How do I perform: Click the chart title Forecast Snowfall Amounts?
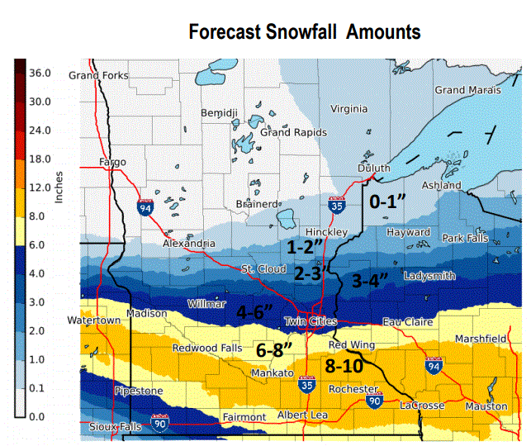point(305,32)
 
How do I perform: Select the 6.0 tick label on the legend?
point(38,245)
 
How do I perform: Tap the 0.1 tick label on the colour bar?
point(38,388)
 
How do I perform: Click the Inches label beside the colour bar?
point(59,187)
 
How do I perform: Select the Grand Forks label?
point(98,75)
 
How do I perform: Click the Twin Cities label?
point(309,321)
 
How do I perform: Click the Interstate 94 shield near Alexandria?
point(146,206)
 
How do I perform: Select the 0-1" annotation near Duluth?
point(388,201)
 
